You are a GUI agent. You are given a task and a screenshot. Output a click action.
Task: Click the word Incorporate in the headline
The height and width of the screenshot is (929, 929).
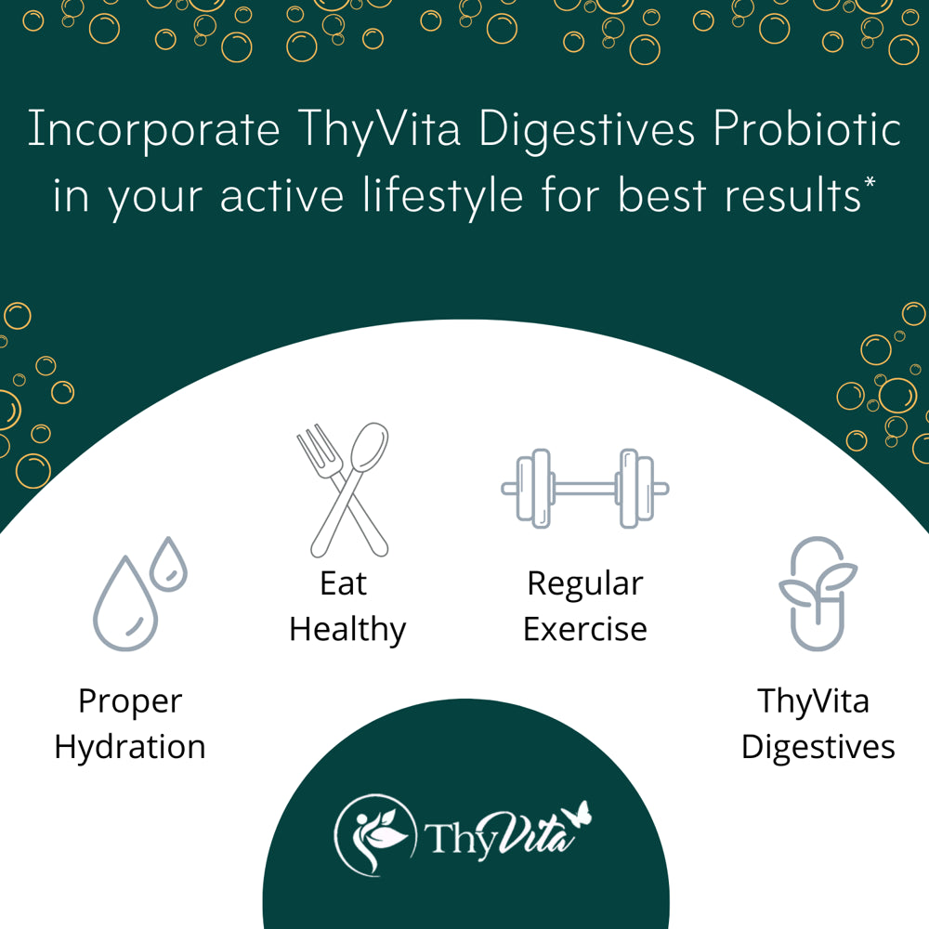(154, 129)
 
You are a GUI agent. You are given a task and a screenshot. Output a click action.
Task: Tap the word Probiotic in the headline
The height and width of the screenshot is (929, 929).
(807, 127)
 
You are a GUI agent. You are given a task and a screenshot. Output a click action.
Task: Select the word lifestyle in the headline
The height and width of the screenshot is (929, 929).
(443, 195)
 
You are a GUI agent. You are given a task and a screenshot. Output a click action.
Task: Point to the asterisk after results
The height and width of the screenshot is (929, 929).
(870, 181)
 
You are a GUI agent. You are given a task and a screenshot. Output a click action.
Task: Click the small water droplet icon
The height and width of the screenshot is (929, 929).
(168, 565)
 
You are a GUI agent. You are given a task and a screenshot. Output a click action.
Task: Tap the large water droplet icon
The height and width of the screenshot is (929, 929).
(125, 605)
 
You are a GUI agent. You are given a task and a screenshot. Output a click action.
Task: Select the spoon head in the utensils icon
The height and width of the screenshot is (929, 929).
(369, 448)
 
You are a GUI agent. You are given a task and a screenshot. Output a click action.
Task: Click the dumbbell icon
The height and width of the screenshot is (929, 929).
(584, 489)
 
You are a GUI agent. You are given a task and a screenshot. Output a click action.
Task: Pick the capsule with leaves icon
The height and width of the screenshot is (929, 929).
(818, 595)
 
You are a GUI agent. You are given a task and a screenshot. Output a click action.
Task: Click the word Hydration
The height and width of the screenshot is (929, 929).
(130, 748)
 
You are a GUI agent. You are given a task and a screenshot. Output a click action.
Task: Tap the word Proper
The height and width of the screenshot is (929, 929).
(130, 702)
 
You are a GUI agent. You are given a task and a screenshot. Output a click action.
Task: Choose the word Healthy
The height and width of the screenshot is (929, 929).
(347, 630)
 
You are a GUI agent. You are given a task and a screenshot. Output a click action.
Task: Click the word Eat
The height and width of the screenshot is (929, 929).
(344, 583)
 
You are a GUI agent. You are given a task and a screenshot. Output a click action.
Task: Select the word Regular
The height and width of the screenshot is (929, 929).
(584, 584)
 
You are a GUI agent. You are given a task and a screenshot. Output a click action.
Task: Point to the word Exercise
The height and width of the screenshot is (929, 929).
(584, 629)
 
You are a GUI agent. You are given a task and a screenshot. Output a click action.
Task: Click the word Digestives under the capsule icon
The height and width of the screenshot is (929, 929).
(818, 748)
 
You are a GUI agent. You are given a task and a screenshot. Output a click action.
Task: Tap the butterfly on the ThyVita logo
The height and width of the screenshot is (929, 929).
(578, 814)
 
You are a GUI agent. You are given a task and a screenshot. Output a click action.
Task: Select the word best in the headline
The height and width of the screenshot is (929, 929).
(661, 195)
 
